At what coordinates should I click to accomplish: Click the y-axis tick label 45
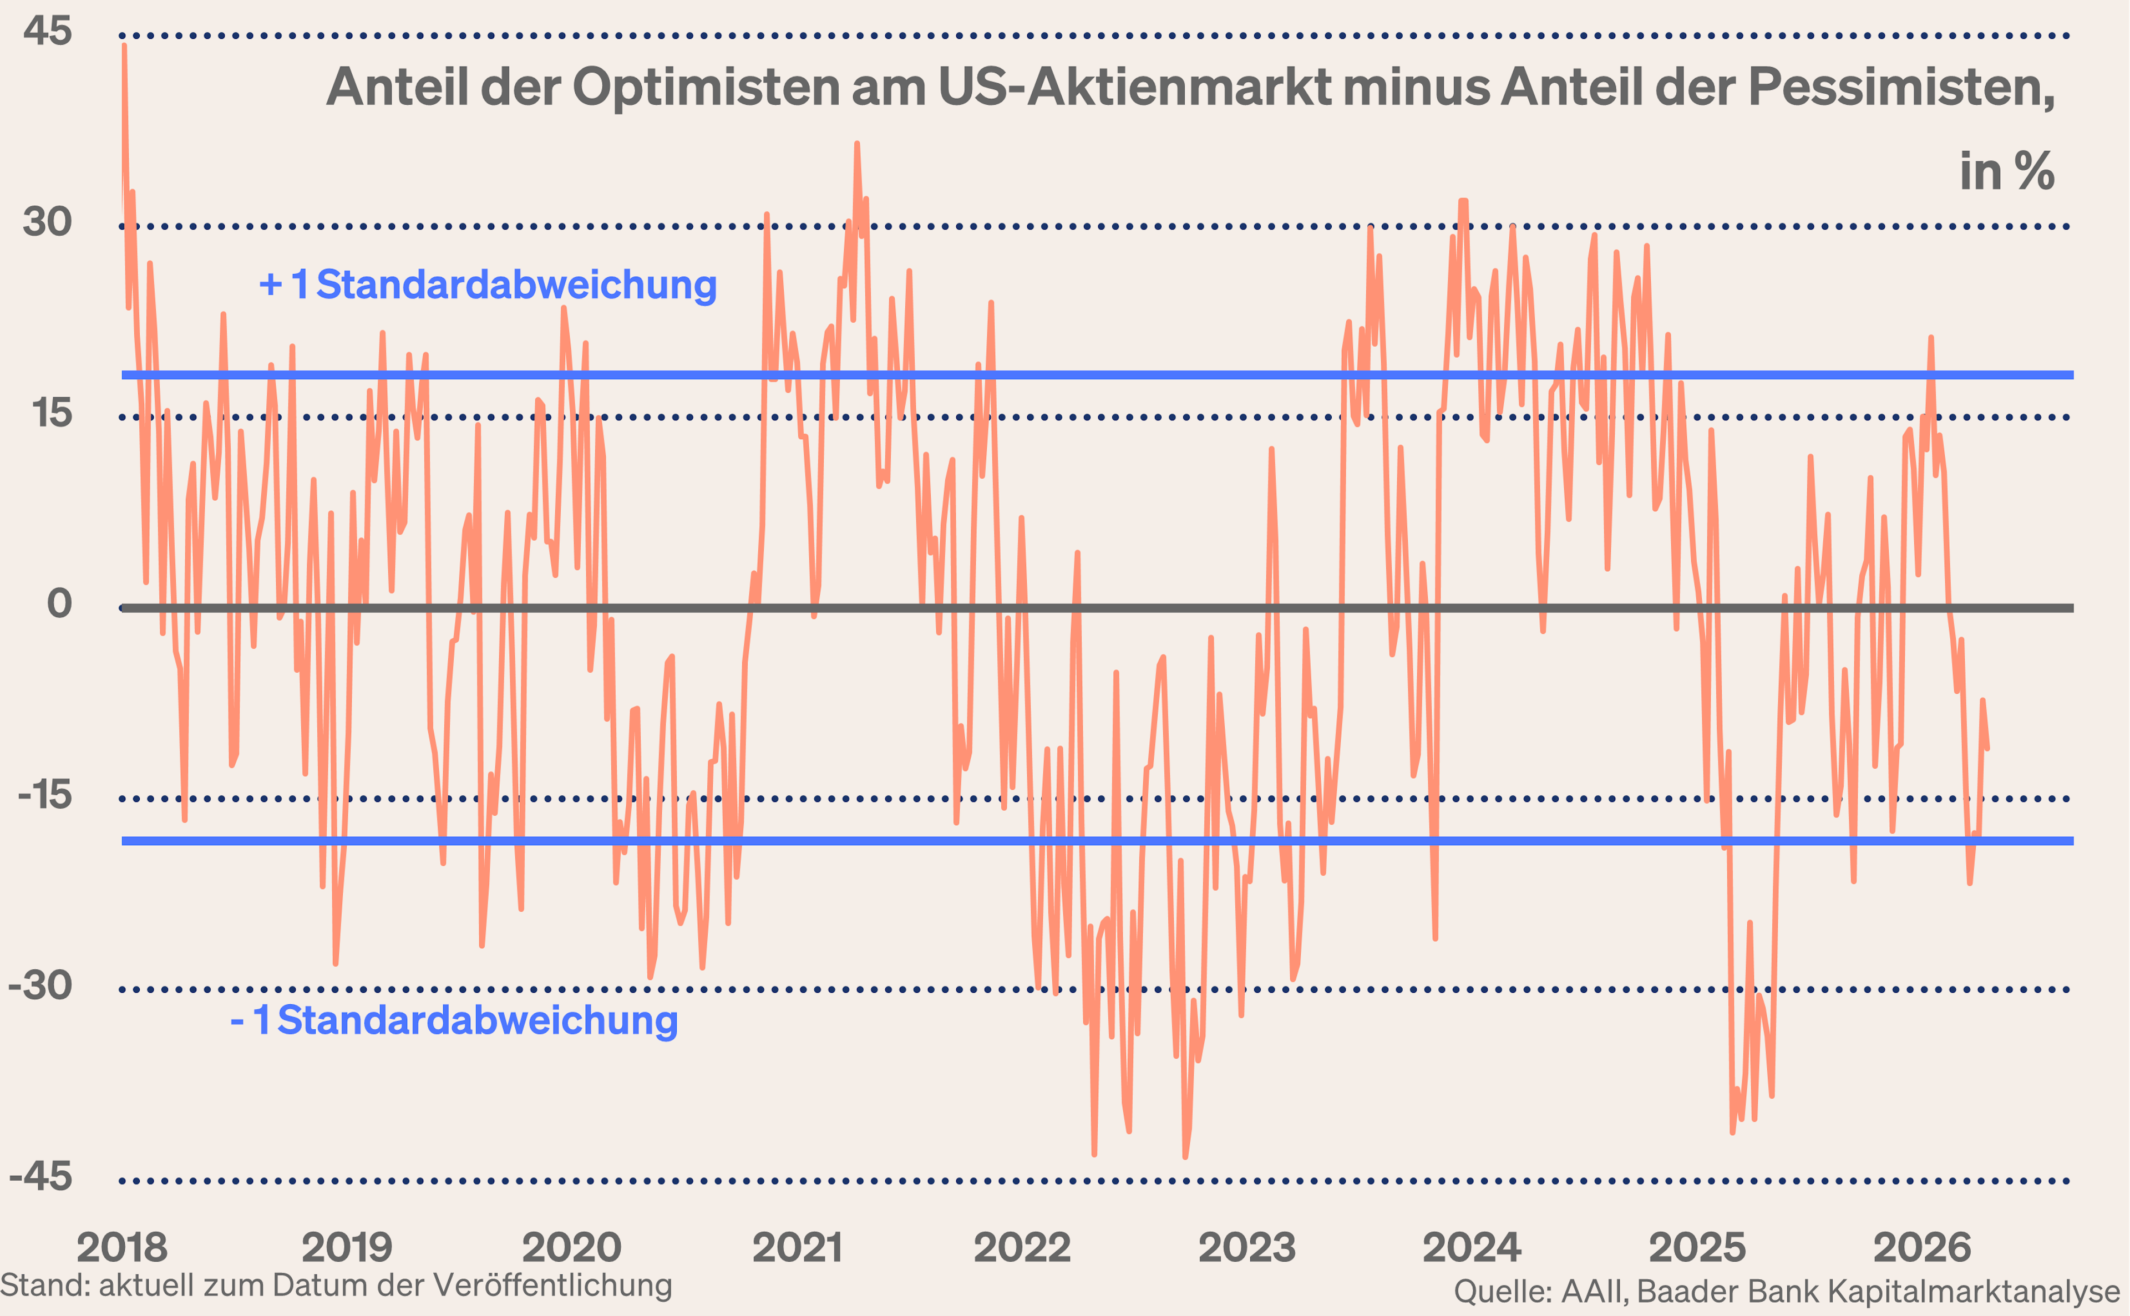coord(47,31)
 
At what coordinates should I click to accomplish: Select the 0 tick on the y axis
coord(59,603)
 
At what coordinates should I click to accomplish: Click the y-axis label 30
coord(47,222)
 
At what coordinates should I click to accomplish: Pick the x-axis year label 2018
coord(122,1247)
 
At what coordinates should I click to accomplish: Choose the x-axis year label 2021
coord(797,1247)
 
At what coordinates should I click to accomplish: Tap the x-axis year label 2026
coord(1922,1247)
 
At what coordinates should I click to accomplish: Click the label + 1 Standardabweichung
coord(488,284)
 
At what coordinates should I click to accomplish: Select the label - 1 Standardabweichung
coord(454,1020)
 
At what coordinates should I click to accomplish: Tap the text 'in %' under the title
coord(2006,171)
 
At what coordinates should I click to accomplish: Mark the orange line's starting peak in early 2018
coord(124,46)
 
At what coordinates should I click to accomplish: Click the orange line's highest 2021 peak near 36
coord(856,144)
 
